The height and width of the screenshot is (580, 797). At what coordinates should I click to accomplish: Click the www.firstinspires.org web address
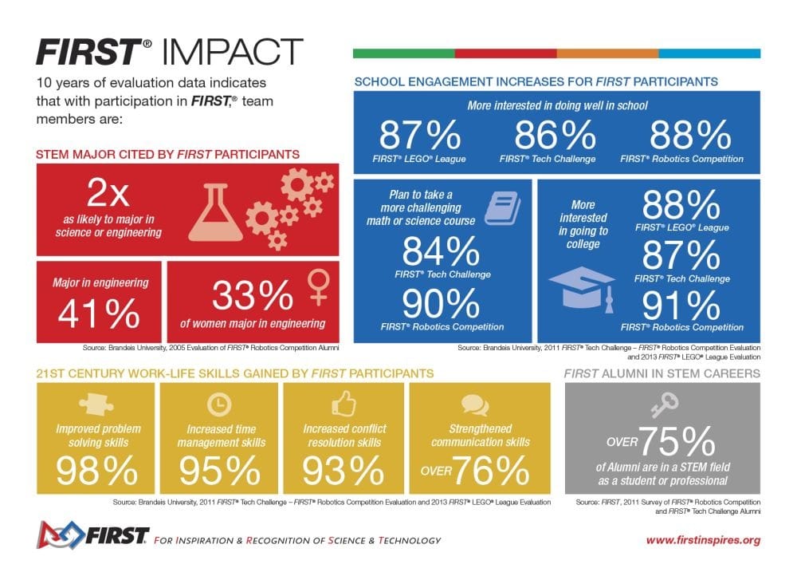(702, 540)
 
